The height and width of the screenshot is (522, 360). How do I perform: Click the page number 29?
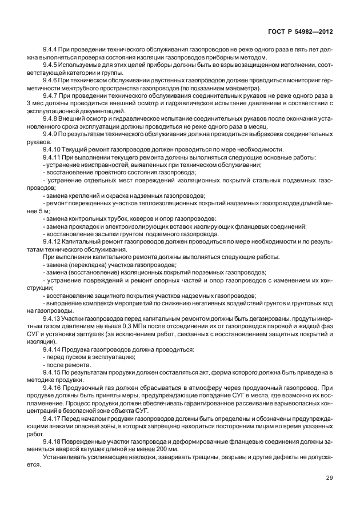pyautogui.click(x=329, y=493)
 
